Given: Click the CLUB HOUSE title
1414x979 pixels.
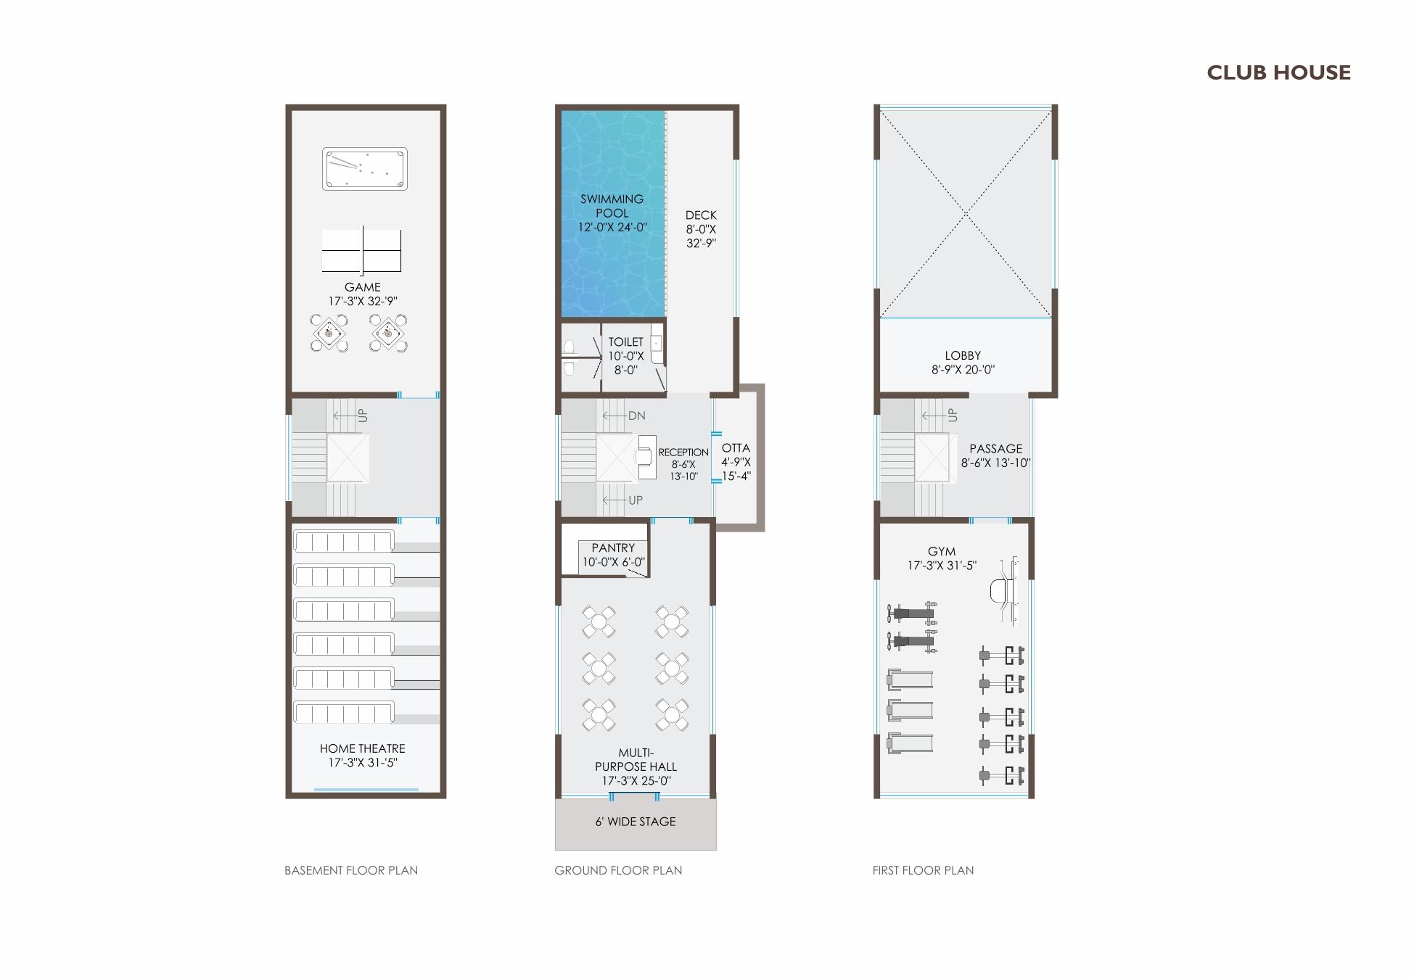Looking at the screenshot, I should click(1278, 73).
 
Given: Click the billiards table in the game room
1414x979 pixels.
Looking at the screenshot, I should click(364, 169).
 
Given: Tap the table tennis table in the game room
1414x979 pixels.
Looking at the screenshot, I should click(361, 251).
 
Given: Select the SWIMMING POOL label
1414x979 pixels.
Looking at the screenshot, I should click(612, 212).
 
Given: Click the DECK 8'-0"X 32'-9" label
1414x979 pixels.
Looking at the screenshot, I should click(701, 228).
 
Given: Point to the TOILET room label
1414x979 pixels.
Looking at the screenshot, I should click(625, 355).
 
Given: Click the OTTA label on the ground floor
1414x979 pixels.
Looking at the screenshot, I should click(736, 448).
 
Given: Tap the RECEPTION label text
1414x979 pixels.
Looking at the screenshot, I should click(683, 453).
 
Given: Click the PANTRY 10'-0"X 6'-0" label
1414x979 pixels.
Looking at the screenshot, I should click(613, 555).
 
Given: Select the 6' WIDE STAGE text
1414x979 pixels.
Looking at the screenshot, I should click(636, 822).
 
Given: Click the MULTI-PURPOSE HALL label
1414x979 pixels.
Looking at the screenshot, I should click(636, 767).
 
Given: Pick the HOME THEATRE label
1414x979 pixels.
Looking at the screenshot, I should click(362, 755).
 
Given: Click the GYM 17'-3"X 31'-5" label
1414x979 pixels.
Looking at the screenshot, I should click(942, 558).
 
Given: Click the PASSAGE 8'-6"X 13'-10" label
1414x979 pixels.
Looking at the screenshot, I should click(995, 455).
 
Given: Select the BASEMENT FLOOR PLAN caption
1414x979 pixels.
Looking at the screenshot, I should click(351, 870).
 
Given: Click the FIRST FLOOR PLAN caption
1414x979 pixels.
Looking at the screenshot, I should click(923, 870).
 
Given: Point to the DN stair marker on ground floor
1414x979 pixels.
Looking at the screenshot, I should click(636, 416).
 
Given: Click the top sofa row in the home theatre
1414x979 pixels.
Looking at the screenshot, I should click(343, 541).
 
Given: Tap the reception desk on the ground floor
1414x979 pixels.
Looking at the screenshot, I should click(646, 457).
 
